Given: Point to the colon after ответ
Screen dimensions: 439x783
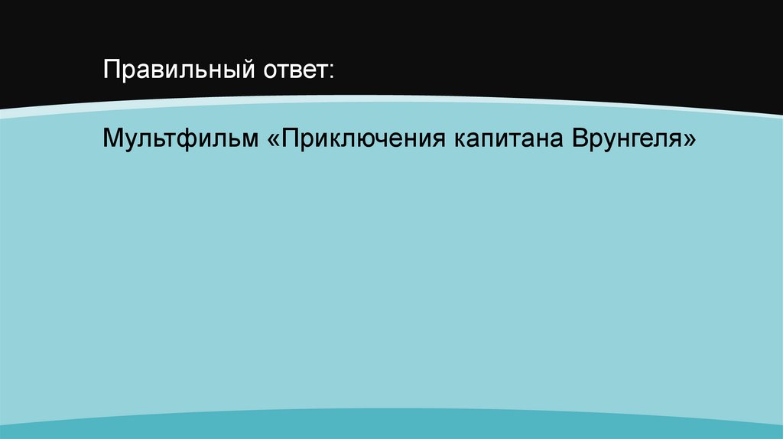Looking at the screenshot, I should tap(331, 74).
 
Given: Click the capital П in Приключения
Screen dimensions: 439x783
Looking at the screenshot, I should tap(292, 140).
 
